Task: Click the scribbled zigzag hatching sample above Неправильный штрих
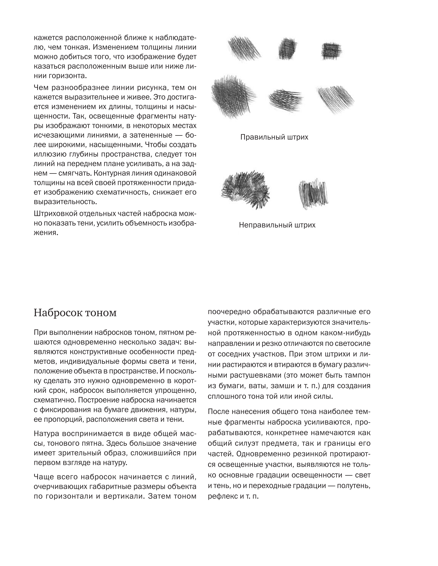[313, 194]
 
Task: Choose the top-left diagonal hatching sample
[244, 48]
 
